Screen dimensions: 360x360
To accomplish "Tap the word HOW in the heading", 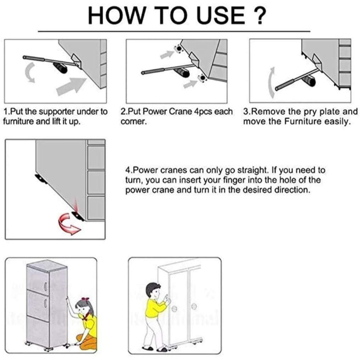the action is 117,15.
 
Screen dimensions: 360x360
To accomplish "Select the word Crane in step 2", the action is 180,112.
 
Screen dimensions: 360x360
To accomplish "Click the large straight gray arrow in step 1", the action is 71,86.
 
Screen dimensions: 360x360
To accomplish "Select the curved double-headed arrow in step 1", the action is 30,72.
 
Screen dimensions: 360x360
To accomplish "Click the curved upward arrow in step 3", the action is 271,83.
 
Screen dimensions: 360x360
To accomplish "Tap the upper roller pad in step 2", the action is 178,49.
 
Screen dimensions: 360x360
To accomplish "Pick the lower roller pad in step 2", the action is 202,78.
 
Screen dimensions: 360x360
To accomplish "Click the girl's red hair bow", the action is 85,300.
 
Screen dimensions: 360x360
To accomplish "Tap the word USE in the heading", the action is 220,15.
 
